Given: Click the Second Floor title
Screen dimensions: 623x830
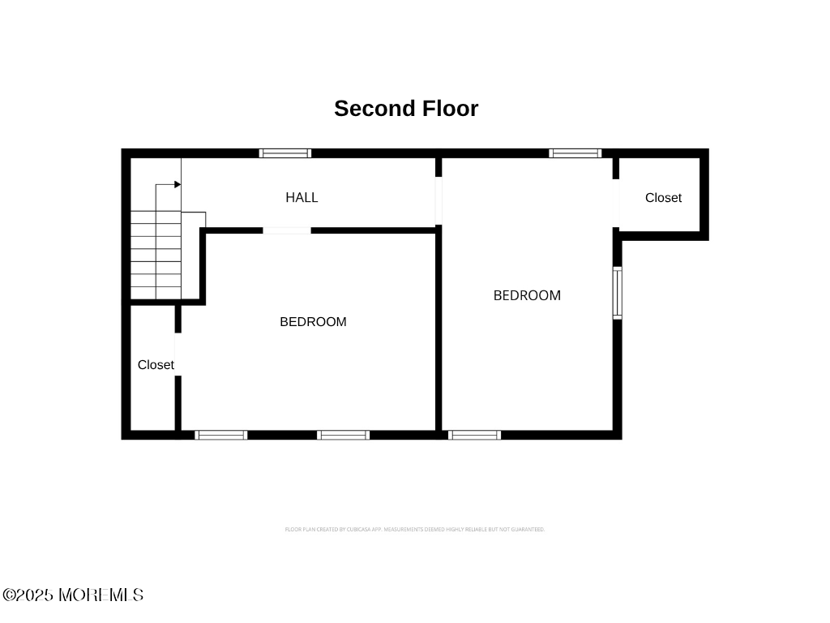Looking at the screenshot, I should point(406,109).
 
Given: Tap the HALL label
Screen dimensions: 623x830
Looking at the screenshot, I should point(302,197).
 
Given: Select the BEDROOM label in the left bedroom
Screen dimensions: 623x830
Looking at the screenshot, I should point(313,322).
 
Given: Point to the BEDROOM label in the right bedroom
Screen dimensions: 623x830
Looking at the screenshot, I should point(527,295).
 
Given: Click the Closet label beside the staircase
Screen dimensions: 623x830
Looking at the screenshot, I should point(156,365).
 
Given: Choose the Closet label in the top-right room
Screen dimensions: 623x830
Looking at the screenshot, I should point(663,198).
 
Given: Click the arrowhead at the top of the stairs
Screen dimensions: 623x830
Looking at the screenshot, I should point(177,185).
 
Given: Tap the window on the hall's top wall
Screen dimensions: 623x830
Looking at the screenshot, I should point(285,153).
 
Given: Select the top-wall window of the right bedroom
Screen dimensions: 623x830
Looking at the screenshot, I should point(575,153).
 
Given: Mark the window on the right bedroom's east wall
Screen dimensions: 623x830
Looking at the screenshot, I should point(617,293).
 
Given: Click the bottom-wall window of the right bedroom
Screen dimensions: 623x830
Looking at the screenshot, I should point(474,435).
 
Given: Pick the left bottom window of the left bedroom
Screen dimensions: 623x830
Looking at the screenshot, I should point(221,435).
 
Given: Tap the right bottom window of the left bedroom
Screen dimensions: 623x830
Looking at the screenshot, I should point(343,435).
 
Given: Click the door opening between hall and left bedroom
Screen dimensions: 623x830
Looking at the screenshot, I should point(286,230).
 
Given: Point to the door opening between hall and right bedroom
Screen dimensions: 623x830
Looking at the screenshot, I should point(439,200).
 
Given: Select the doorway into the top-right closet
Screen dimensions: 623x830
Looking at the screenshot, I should point(616,203).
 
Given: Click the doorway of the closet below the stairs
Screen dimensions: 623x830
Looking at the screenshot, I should point(178,354).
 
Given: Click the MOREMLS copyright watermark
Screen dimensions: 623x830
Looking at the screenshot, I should point(73,595).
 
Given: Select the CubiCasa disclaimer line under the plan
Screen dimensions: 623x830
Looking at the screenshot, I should point(414,530).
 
